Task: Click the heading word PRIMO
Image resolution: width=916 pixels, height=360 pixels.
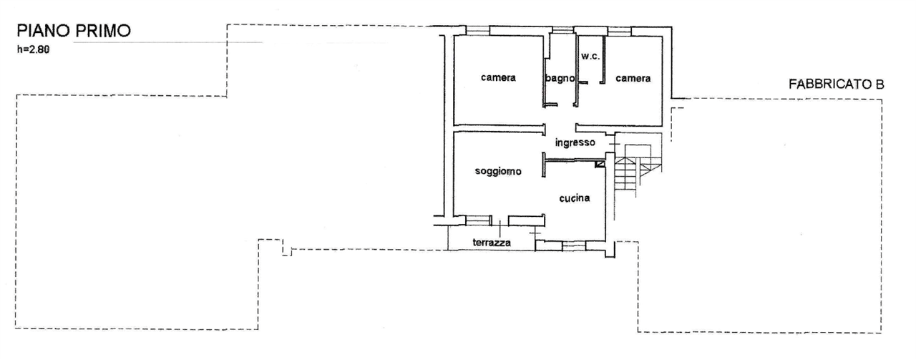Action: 104,31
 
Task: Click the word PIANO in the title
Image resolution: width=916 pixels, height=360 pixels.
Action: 44,31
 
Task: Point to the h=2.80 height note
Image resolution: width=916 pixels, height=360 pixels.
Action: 33,49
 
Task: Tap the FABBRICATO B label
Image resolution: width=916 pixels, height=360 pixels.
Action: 837,84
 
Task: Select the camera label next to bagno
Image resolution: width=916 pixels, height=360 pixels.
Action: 498,77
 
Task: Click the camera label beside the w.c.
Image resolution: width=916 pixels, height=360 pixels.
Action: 633,78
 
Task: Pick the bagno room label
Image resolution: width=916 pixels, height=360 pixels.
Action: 560,78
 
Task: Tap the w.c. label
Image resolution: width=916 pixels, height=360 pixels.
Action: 590,57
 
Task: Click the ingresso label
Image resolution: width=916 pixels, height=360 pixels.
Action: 575,142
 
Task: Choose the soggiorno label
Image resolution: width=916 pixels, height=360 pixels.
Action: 498,171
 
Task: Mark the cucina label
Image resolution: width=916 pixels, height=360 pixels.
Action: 575,198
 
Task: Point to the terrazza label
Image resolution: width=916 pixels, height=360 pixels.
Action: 492,243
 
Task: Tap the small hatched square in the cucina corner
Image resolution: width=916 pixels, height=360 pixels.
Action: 600,165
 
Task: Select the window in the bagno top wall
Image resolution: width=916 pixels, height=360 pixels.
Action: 563,29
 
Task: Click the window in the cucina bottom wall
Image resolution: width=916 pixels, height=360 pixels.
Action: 573,245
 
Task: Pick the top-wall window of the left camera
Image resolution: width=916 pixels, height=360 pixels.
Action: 477,30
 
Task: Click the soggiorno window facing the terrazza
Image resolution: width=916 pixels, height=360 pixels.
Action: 478,220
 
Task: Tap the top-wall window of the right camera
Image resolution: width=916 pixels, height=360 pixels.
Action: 619,30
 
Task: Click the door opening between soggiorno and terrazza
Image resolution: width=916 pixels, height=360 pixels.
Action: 500,221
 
